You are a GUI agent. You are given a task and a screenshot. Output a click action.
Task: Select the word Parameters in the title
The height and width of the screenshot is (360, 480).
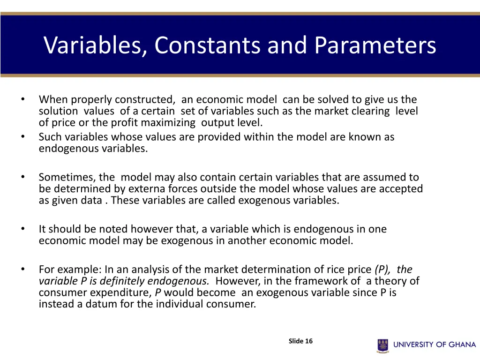tap(375, 45)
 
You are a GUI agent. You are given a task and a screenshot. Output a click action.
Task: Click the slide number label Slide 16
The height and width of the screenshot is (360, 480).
tap(300, 341)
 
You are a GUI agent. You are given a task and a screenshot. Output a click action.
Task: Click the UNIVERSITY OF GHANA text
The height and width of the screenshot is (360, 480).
tap(434, 345)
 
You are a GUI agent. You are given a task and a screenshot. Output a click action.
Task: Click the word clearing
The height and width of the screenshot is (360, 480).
tap(368, 111)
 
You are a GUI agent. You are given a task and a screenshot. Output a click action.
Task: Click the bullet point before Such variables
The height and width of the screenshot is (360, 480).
tap(22, 136)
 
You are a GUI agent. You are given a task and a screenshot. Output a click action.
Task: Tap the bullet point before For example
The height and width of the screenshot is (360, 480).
tap(22, 269)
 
